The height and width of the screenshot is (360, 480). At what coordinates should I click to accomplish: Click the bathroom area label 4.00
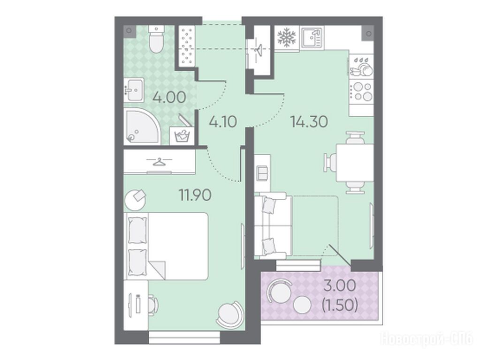169,97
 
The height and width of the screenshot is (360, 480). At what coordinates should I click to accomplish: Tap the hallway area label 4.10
223,122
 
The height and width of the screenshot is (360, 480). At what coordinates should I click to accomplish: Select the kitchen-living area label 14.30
309,122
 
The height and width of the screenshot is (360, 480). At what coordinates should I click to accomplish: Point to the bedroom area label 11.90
195,195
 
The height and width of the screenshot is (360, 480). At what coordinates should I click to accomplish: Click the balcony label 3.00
340,286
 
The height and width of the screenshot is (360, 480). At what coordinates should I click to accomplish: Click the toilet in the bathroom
157,39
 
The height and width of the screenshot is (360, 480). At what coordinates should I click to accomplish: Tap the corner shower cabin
142,126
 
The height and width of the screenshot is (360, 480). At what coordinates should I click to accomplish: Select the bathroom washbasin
134,90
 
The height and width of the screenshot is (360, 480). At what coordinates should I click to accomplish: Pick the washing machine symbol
182,135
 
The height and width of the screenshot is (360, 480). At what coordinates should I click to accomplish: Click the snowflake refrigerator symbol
287,37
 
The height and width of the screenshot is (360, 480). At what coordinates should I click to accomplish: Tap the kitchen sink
312,37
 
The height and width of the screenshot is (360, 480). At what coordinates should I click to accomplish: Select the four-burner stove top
362,91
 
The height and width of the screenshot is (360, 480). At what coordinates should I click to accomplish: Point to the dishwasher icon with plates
362,66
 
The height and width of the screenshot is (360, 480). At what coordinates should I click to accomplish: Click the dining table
355,163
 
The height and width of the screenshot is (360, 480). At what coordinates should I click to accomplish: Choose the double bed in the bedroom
166,246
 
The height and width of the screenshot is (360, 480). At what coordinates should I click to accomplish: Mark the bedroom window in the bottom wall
184,337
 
